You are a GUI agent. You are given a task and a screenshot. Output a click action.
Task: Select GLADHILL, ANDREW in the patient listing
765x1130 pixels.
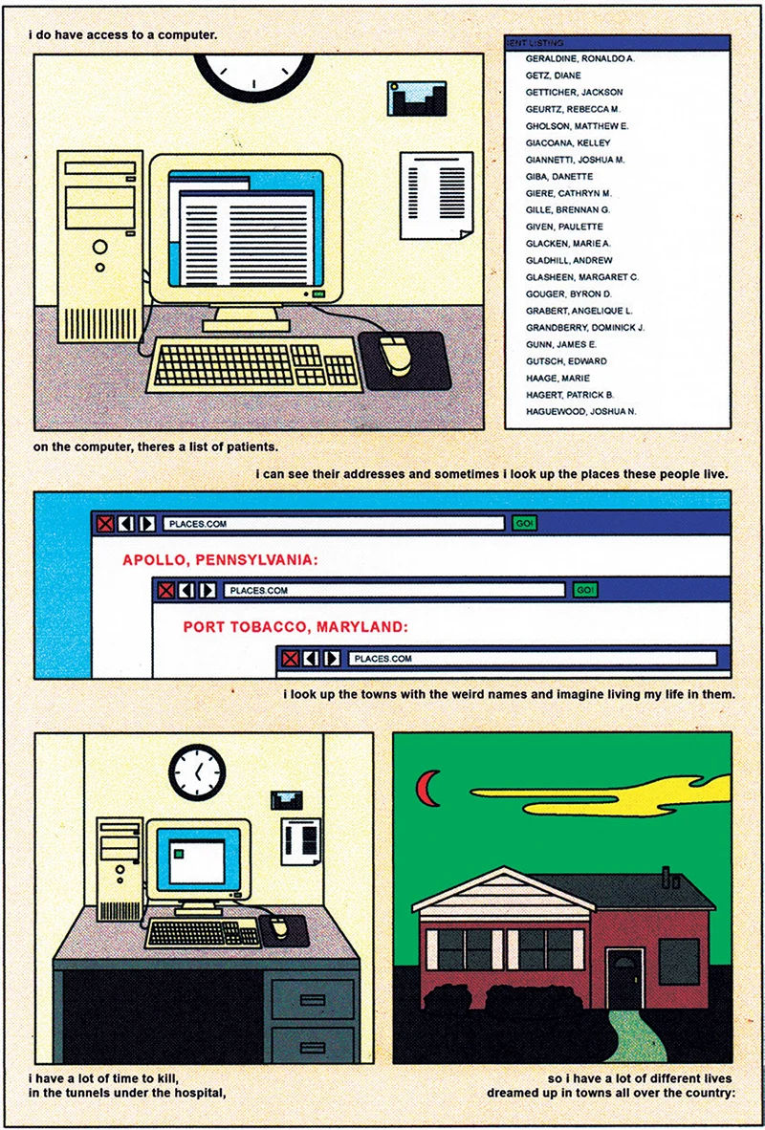coord(569,260)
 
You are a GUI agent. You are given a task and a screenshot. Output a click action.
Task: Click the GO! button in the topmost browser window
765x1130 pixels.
coord(524,523)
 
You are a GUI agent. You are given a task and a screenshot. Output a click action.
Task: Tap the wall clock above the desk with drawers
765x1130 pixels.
coord(197,772)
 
